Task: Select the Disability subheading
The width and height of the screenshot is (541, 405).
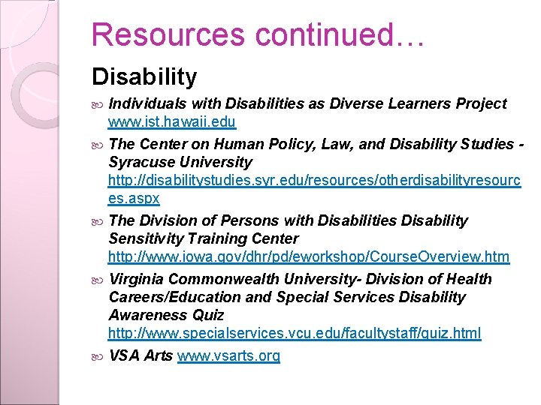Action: coord(144,76)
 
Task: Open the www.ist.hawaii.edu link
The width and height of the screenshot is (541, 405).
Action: coord(172,121)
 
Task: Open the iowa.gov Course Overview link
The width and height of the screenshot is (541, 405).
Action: coord(309,257)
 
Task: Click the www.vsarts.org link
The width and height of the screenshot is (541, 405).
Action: coord(228,355)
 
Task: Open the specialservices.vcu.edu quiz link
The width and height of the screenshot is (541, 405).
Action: coord(295,333)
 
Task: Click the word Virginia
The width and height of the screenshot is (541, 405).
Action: coord(139,279)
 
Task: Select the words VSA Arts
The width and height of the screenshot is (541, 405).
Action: coord(141,355)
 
